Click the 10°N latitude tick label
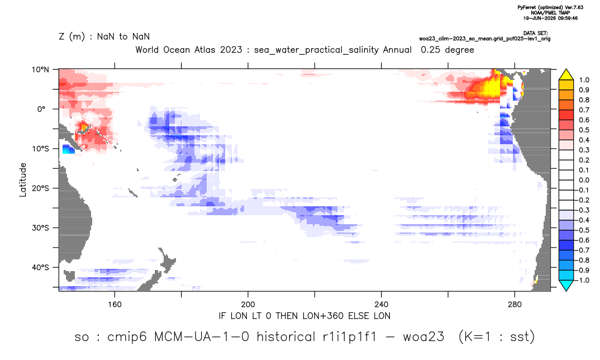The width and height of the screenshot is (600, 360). pyautogui.click(x=40, y=70)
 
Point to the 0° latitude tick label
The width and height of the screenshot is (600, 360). pyautogui.click(x=41, y=109)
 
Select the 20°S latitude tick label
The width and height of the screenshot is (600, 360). pyautogui.click(x=40, y=188)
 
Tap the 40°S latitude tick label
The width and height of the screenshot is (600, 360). pyautogui.click(x=40, y=267)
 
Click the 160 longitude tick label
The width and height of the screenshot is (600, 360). pyautogui.click(x=115, y=305)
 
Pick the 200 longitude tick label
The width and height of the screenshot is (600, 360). pyautogui.click(x=248, y=305)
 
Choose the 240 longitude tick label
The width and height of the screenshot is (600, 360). pyautogui.click(x=381, y=305)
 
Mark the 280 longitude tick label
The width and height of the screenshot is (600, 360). pyautogui.click(x=515, y=305)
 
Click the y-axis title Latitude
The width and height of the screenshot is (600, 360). pyautogui.click(x=23, y=180)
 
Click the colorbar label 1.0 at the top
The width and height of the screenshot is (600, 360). pyautogui.click(x=584, y=80)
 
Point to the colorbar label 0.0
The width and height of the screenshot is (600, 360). pyautogui.click(x=584, y=180)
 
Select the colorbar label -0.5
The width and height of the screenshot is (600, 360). pyautogui.click(x=582, y=230)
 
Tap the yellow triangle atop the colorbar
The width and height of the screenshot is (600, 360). pyautogui.click(x=566, y=75)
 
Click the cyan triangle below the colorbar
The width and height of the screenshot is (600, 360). pyautogui.click(x=566, y=285)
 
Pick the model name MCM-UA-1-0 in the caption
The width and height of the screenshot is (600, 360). pyautogui.click(x=201, y=337)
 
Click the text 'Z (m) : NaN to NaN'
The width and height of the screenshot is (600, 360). pyautogui.click(x=104, y=37)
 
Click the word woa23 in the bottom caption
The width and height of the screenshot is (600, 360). pyautogui.click(x=423, y=337)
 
